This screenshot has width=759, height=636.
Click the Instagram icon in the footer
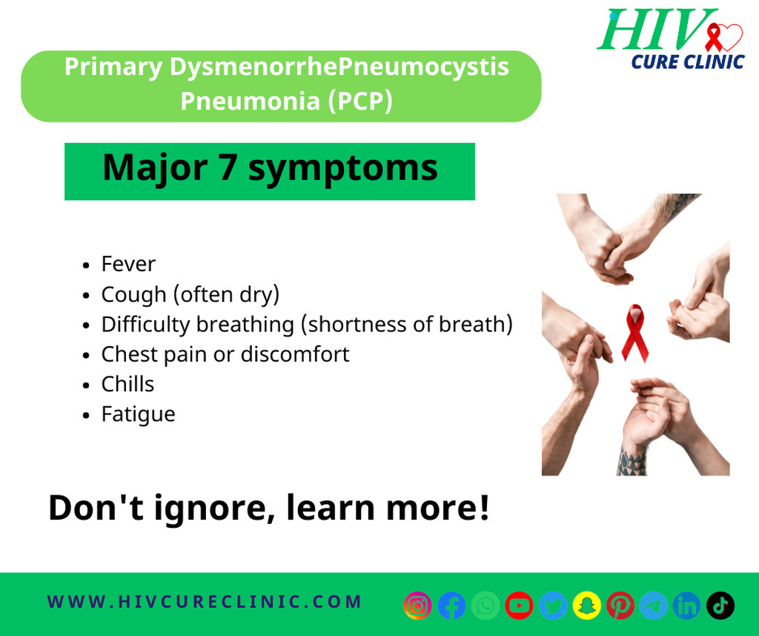[x=418, y=605]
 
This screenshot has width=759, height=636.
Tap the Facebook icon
[x=451, y=605]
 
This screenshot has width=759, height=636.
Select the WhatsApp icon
[x=485, y=605]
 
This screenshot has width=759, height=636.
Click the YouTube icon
[x=519, y=605]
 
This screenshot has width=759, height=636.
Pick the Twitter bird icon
[x=553, y=605]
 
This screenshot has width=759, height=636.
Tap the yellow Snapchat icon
[x=587, y=605]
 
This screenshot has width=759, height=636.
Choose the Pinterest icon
[x=620, y=605]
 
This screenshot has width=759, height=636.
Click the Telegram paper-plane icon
[x=654, y=605]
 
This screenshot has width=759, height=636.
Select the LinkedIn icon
[x=687, y=605]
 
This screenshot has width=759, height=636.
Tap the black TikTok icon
[x=720, y=605]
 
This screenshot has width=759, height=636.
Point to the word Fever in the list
[x=128, y=265]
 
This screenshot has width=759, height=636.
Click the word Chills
[x=127, y=384]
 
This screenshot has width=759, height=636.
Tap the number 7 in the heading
[x=228, y=168]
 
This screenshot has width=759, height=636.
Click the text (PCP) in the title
[x=360, y=101]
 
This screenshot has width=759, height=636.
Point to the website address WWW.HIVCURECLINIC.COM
[x=205, y=602]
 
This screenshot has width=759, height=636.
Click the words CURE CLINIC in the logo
[x=688, y=62]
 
